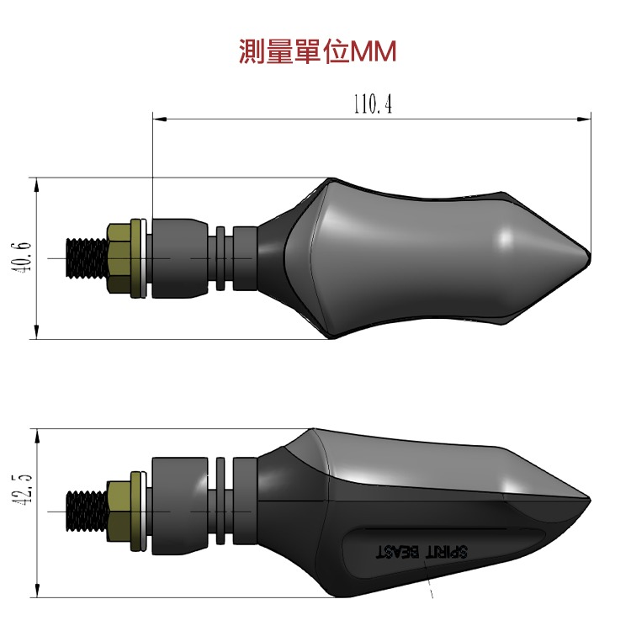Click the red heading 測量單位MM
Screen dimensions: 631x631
coord(317,52)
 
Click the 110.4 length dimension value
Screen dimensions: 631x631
coord(372,104)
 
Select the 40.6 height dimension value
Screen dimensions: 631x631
coord(24,257)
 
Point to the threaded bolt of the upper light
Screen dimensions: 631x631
coord(87,257)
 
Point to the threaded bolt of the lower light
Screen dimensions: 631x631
coord(87,511)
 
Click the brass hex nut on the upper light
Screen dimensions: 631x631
coord(122,257)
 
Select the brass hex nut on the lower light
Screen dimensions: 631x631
coord(122,511)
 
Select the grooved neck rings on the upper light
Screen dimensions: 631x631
coord(220,257)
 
